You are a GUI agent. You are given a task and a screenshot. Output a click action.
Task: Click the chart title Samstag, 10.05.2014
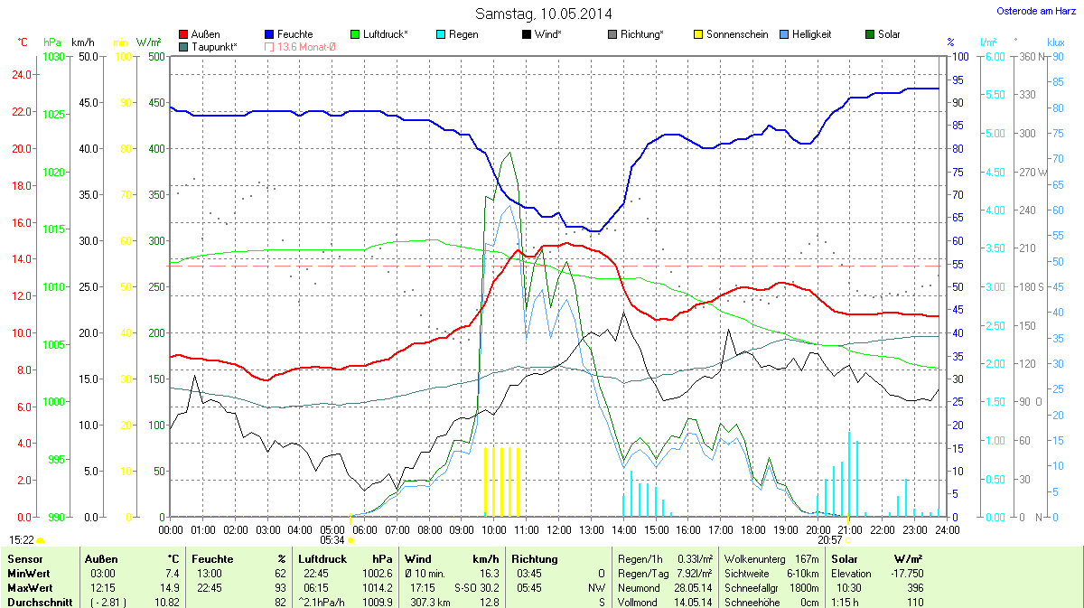coord(543,14)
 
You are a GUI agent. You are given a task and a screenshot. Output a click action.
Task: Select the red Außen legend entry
coord(205,34)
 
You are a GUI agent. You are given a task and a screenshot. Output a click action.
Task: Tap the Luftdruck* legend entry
coord(385,34)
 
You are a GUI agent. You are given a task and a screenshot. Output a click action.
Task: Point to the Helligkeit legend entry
coord(811,34)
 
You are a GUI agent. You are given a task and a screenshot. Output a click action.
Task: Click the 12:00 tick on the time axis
coord(559,529)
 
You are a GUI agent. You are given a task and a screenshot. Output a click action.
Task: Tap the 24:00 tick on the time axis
coord(947,529)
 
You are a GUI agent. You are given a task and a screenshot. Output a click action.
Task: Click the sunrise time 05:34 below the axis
coord(332,539)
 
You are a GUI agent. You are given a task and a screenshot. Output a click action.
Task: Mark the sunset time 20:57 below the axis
coord(830,539)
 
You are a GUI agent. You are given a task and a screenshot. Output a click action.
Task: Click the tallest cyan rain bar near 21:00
coord(849,474)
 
